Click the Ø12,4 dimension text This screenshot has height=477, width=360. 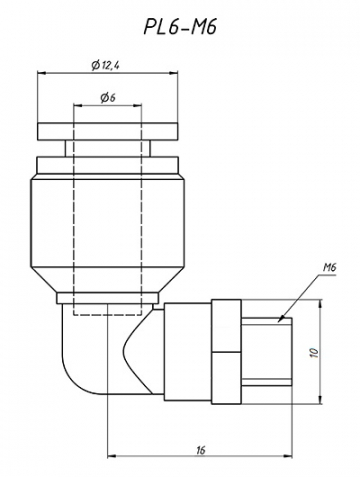(x=106, y=65)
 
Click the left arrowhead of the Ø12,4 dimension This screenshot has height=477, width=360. (x=42, y=74)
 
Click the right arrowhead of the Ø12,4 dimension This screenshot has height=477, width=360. (x=171, y=74)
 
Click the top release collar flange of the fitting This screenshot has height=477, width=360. (x=106, y=132)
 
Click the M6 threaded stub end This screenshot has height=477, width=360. (x=266, y=354)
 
